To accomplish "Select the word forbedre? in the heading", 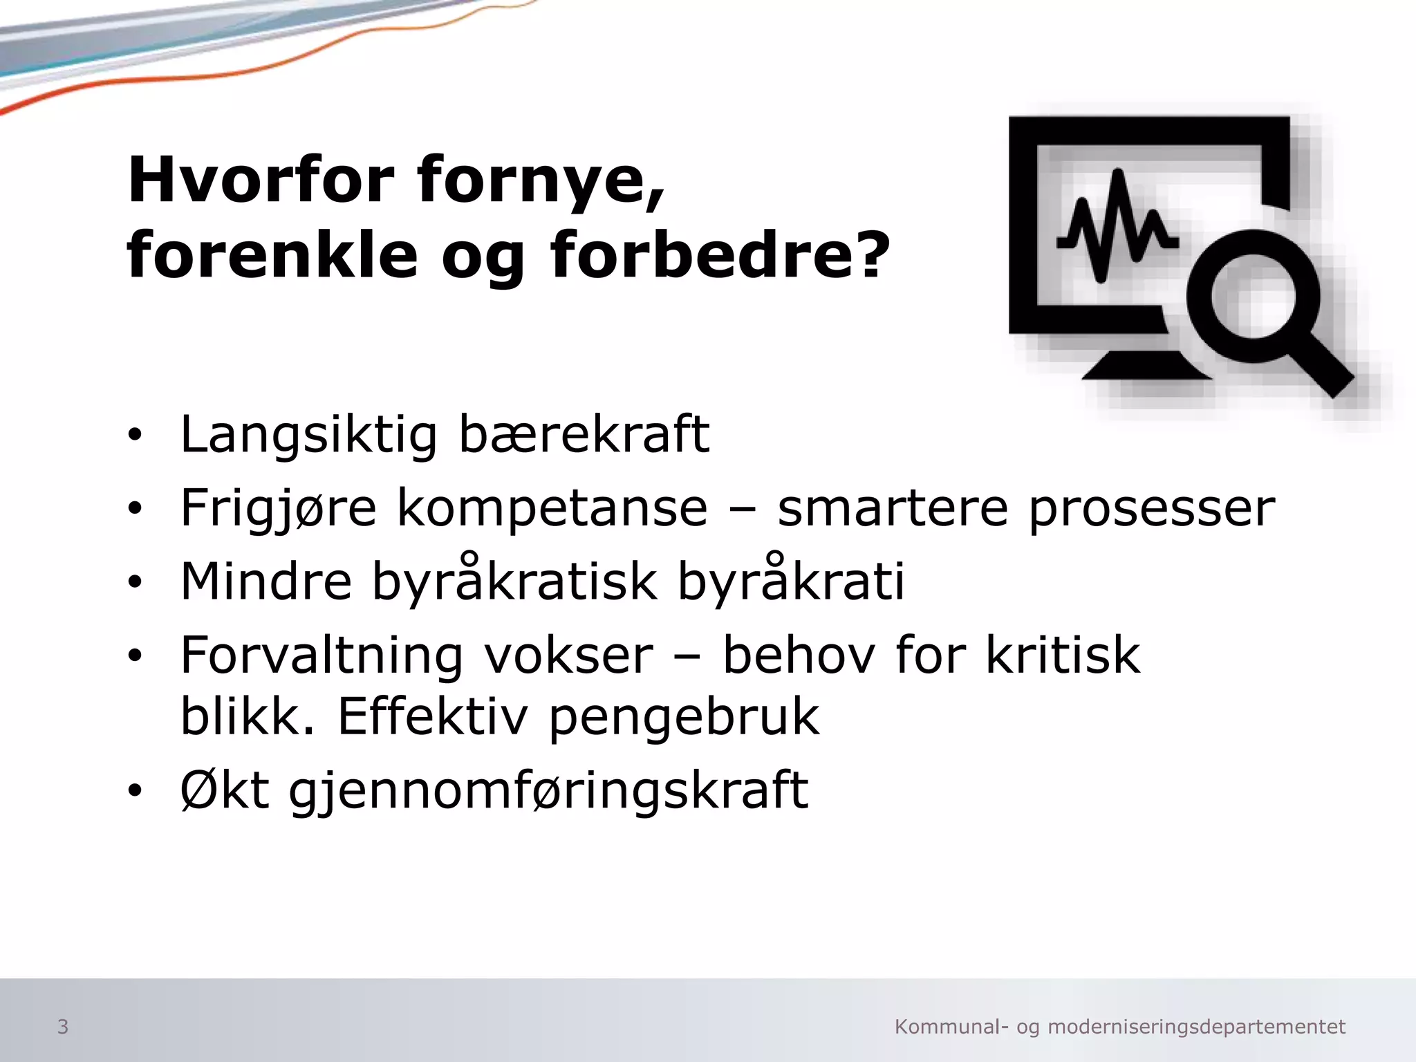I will click(x=719, y=256).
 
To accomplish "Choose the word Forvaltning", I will click(x=322, y=655).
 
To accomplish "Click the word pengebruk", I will click(x=684, y=718).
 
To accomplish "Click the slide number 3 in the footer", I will click(x=62, y=1027).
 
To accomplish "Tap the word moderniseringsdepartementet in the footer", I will click(x=1197, y=1027).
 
